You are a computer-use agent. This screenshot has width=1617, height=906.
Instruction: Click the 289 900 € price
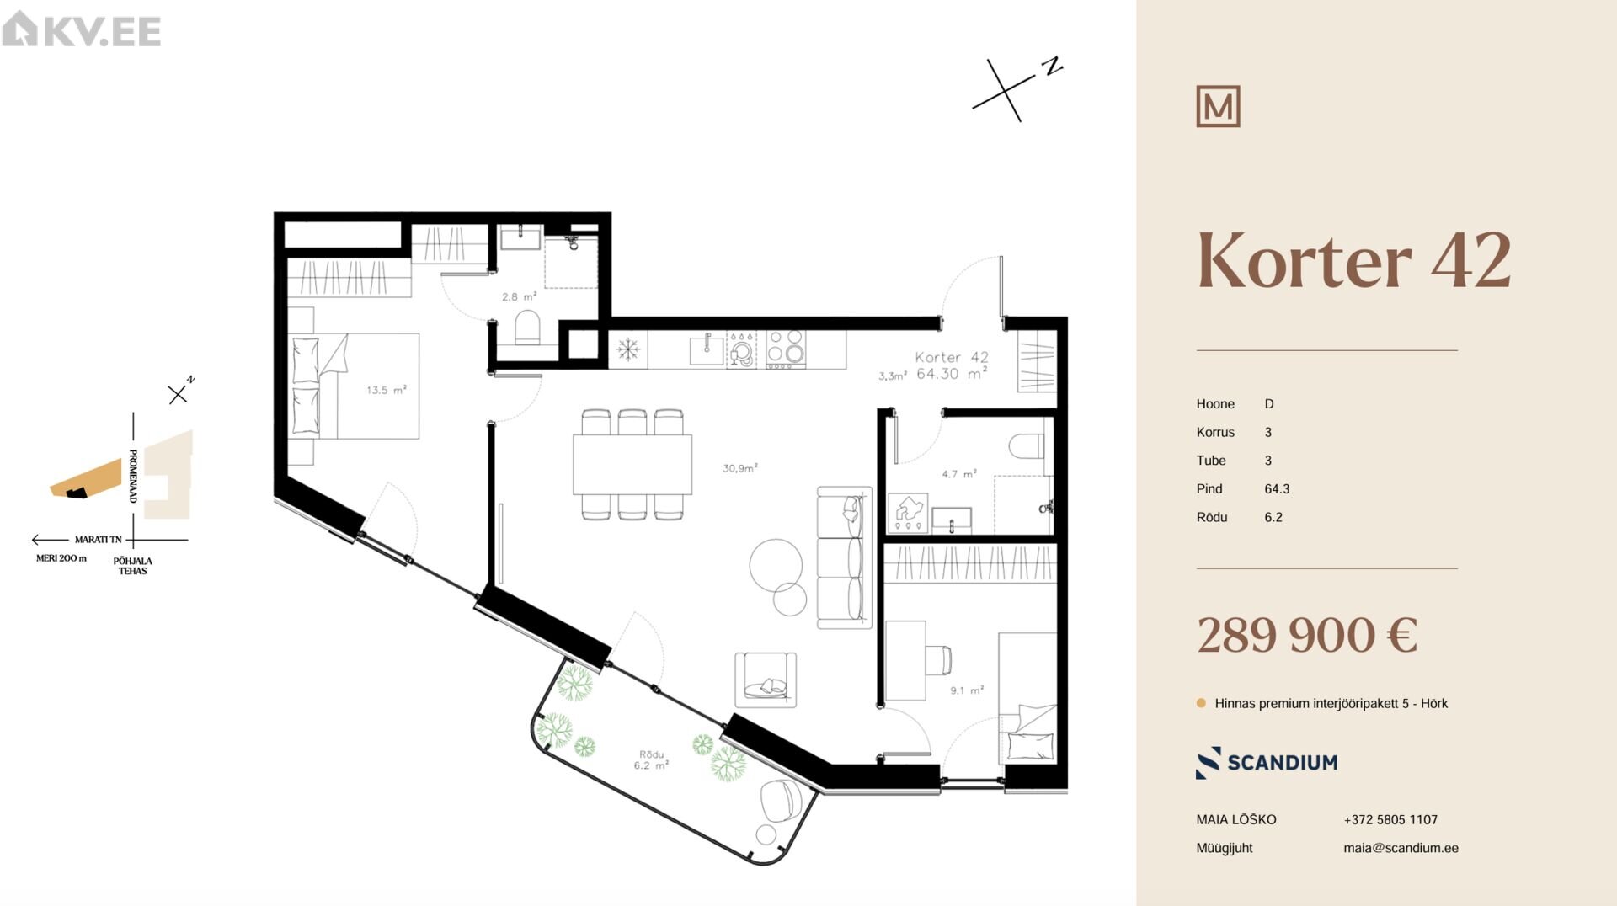(1307, 635)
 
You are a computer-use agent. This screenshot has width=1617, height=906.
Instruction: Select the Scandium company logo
(1267, 763)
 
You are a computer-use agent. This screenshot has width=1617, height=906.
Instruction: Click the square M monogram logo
(1218, 106)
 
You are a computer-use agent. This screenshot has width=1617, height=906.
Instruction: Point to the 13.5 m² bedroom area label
(387, 390)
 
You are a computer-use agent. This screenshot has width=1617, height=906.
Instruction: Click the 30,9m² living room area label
(740, 468)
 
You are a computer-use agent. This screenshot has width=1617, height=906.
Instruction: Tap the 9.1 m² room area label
(967, 690)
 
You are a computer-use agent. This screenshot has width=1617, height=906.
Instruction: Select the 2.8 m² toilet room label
(519, 296)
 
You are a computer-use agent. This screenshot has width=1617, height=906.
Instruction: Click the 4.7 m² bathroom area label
(959, 474)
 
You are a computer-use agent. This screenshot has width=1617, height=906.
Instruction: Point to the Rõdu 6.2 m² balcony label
(651, 760)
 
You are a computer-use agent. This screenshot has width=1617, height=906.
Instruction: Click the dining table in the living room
(632, 464)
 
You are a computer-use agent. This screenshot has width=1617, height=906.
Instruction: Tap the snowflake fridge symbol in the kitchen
(628, 349)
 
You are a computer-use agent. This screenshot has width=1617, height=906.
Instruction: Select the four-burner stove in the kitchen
(786, 349)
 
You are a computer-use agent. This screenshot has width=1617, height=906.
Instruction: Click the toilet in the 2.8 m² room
(528, 328)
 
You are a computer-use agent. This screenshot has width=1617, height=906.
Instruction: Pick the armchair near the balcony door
(766, 679)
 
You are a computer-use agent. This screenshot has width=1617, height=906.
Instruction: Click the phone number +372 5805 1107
(1390, 820)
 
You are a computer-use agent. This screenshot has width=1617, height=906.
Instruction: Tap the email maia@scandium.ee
(1401, 848)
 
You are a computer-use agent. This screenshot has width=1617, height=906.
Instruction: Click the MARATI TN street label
(98, 540)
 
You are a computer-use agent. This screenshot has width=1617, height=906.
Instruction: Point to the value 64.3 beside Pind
(1277, 489)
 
